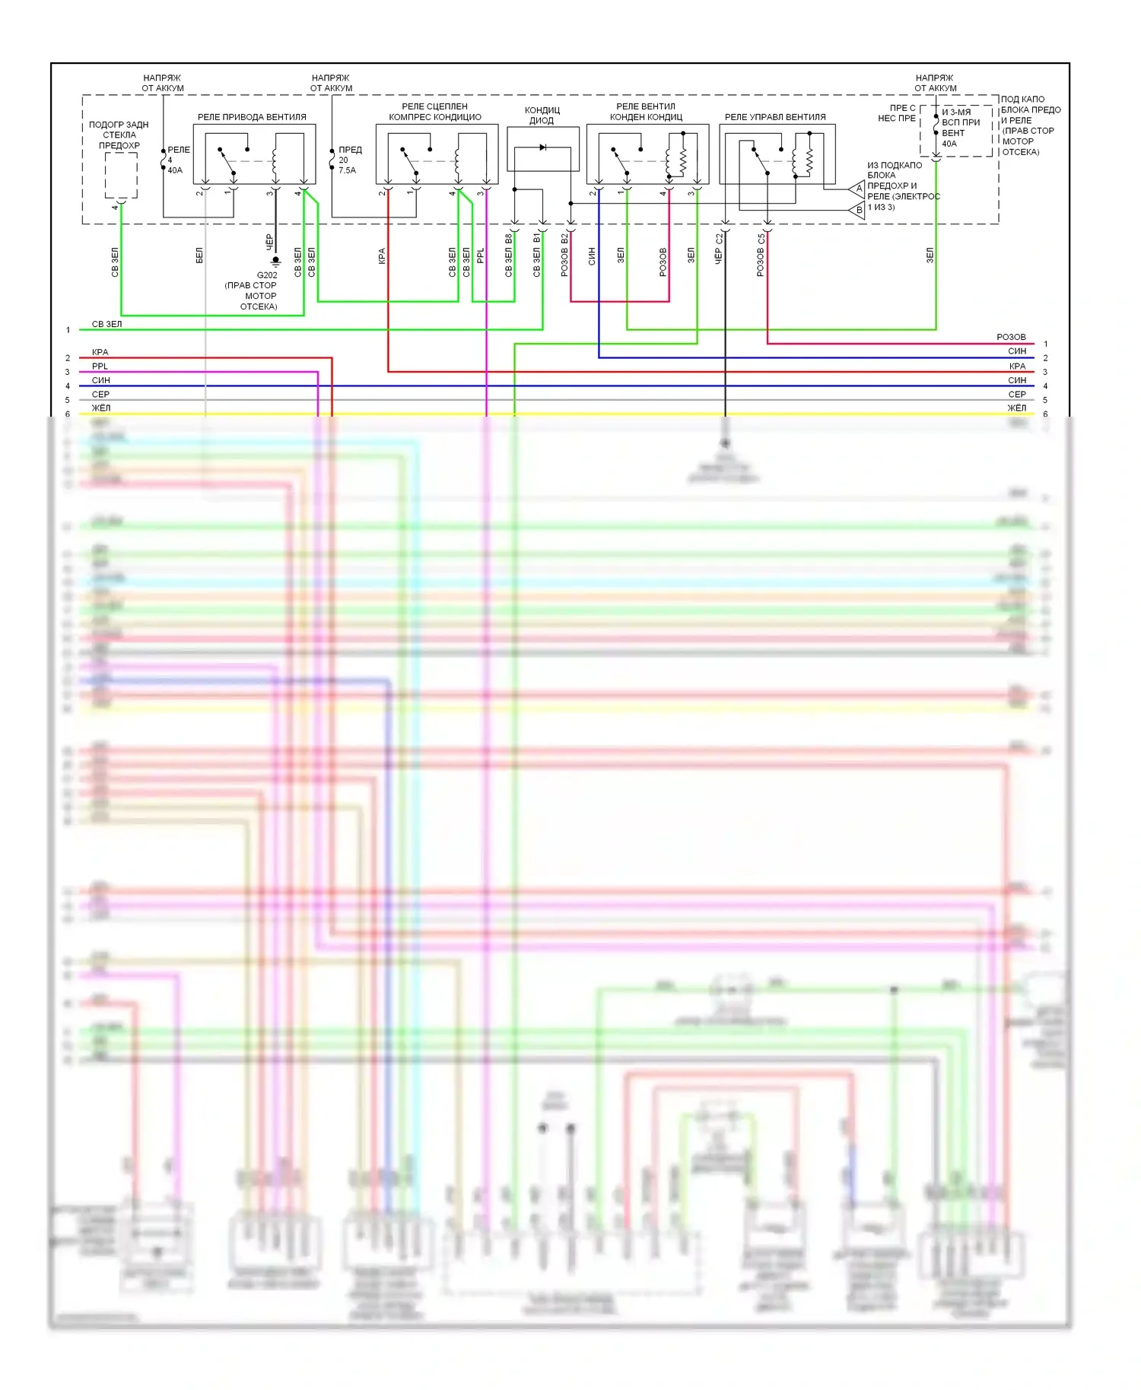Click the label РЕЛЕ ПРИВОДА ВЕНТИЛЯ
[252, 117]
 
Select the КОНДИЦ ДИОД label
[542, 116]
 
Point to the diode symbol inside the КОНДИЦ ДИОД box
[542, 148]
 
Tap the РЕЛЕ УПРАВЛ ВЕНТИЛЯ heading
[775, 117]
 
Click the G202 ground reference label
[267, 275]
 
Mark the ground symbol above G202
[275, 262]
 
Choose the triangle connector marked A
[857, 188]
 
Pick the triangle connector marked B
[857, 210]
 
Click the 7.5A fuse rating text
[347, 170]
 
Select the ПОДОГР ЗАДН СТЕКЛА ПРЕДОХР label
[119, 135]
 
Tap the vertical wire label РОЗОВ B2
[564, 255]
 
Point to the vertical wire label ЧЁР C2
[719, 249]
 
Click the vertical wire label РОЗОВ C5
[761, 255]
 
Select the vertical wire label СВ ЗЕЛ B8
[509, 255]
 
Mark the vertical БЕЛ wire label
[199, 255]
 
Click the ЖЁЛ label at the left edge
[100, 408]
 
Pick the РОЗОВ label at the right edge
[1011, 337]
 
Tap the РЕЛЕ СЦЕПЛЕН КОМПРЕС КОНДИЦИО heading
[435, 112]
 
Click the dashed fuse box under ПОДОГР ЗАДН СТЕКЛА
[121, 175]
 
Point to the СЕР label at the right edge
[1017, 395]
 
